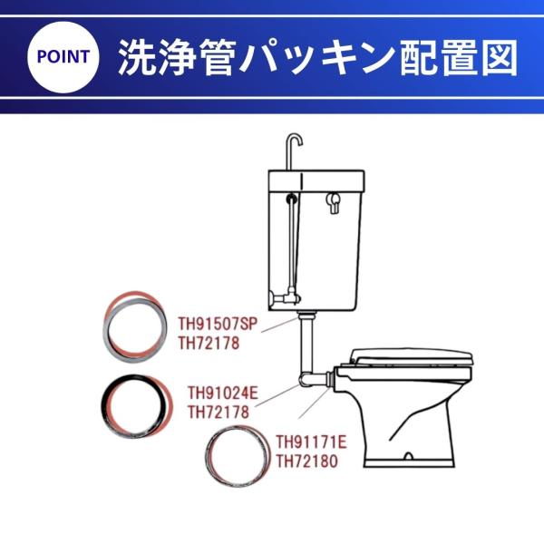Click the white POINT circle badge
tap(63, 57)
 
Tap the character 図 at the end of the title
tap(500, 57)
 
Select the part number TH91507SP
tap(219, 324)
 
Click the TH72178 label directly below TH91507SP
tap(209, 343)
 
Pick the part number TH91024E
tap(223, 393)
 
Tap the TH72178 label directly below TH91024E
tap(219, 413)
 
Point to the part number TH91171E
tap(312, 442)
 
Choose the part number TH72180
tap(306, 461)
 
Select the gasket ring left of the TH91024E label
tap(104, 405)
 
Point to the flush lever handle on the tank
tap(334, 202)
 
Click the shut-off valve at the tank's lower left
tap(285, 298)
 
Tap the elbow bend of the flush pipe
tap(305, 379)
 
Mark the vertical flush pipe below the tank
tap(306, 344)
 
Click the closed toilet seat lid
tap(412, 356)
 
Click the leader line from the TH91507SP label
tap(280, 325)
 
